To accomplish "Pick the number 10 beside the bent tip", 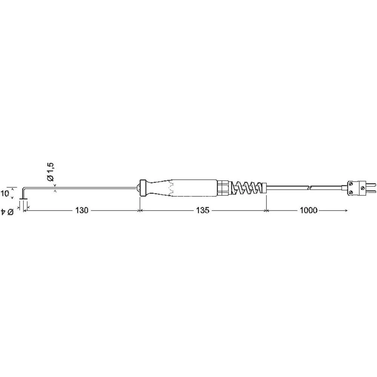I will click(x=5, y=194).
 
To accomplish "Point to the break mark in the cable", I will click(x=309, y=188).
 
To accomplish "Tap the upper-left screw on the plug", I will click(x=351, y=184).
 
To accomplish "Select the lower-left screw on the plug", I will click(x=351, y=192).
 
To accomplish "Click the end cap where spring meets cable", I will click(x=264, y=188).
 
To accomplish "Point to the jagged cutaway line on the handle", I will click(x=172, y=188).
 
